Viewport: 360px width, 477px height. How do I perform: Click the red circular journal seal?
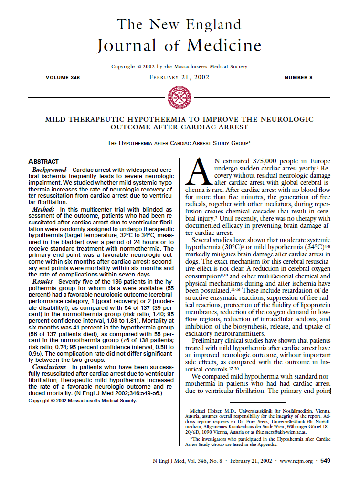coord(180,98)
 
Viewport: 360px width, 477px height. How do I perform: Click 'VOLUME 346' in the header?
coord(63,77)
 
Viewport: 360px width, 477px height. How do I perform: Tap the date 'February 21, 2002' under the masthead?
coord(180,77)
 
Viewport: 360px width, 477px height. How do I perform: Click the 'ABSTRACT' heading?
coord(43,161)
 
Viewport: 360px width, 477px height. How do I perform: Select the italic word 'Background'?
coord(49,170)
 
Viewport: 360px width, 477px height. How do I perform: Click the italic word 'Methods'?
coord(43,209)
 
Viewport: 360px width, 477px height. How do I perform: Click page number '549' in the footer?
coord(325,461)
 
